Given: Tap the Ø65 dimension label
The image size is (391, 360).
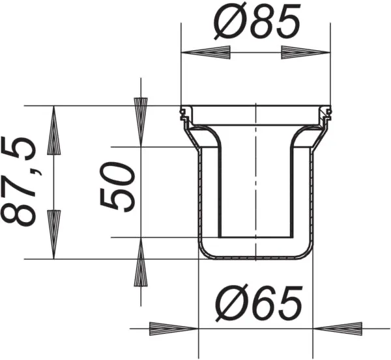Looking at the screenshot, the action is [x=259, y=303].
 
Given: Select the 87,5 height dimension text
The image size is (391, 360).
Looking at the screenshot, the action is [x=18, y=182].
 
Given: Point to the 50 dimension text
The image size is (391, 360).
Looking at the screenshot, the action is [x=117, y=187].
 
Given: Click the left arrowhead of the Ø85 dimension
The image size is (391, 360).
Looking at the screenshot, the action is [x=206, y=53].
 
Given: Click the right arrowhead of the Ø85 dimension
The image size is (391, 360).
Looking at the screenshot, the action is [x=306, y=53].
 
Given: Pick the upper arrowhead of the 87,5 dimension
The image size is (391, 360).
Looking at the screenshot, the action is [x=53, y=130].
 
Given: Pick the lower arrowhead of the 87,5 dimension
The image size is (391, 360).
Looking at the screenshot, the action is [x=53, y=234].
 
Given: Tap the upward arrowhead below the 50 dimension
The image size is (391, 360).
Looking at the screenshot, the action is [x=141, y=262].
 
